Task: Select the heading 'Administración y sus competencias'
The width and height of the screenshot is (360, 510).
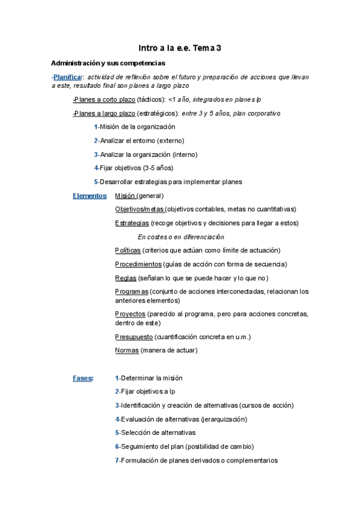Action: pyautogui.click(x=108, y=63)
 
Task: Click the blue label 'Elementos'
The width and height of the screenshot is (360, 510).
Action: pyautogui.click(x=90, y=195)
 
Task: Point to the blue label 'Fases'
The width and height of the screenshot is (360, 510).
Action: pyautogui.click(x=82, y=378)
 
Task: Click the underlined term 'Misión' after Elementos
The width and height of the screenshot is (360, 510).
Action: pyautogui.click(x=125, y=195)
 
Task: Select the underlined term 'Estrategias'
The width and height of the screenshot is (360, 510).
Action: pyautogui.click(x=132, y=223)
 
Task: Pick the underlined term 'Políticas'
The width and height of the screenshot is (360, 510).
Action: pyautogui.click(x=127, y=250)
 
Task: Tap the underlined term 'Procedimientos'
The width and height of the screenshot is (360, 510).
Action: pyautogui.click(x=138, y=264)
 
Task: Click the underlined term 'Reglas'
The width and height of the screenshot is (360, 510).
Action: pyautogui.click(x=125, y=278)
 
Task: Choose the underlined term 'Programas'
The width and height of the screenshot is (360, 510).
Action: pyautogui.click(x=132, y=291)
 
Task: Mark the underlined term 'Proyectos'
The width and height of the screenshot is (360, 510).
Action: pyautogui.click(x=130, y=314)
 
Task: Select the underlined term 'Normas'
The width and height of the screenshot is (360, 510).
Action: pyautogui.click(x=126, y=350)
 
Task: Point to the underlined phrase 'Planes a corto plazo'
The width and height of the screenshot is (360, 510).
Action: pyautogui.click(x=104, y=99)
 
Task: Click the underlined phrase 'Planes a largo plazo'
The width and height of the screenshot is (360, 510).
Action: pyautogui.click(x=104, y=113)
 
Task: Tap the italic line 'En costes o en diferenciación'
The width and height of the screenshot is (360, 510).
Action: pyautogui.click(x=180, y=236)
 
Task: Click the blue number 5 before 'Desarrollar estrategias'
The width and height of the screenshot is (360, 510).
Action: pyautogui.click(x=96, y=182)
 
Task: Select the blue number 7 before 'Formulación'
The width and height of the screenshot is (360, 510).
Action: pyautogui.click(x=117, y=460)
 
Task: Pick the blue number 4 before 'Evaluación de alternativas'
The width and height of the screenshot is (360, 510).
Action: pyautogui.click(x=117, y=419)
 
